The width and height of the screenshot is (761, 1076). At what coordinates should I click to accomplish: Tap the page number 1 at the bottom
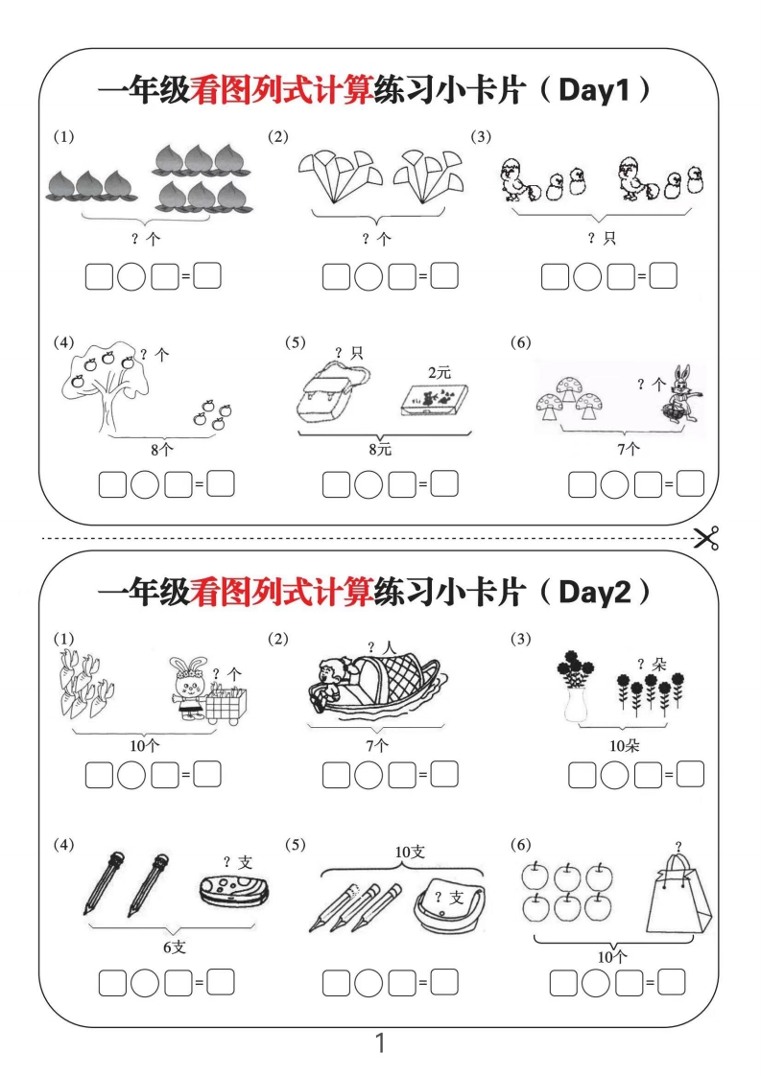point(380,1043)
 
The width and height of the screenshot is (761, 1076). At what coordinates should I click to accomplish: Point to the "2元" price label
point(439,372)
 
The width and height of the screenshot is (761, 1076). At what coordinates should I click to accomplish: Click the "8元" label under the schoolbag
point(380,448)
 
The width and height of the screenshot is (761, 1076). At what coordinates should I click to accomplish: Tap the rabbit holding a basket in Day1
point(679,393)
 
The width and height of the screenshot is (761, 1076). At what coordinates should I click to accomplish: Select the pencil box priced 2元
point(437,399)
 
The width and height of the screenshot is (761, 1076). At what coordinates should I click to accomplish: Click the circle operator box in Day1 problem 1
point(131,278)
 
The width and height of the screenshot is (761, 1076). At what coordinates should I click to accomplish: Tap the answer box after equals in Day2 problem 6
point(672,982)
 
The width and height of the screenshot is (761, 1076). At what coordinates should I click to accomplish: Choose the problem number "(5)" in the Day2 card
point(296,845)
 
